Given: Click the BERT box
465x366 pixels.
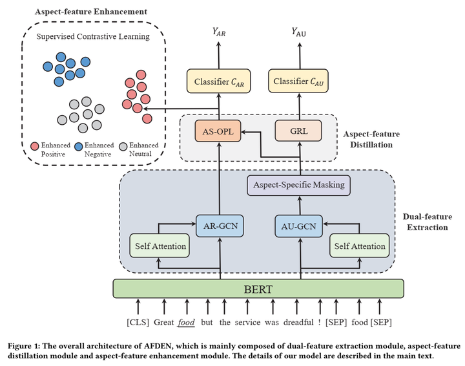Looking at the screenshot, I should (258, 288).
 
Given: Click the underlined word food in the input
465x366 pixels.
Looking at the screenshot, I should (187, 322).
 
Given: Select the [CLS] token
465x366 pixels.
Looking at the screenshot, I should (138, 322).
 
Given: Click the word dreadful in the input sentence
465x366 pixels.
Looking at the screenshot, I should (296, 322).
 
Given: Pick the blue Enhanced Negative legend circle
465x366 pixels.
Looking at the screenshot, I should (79, 145).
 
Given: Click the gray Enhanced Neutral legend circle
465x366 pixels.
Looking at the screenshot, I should (123, 145).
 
